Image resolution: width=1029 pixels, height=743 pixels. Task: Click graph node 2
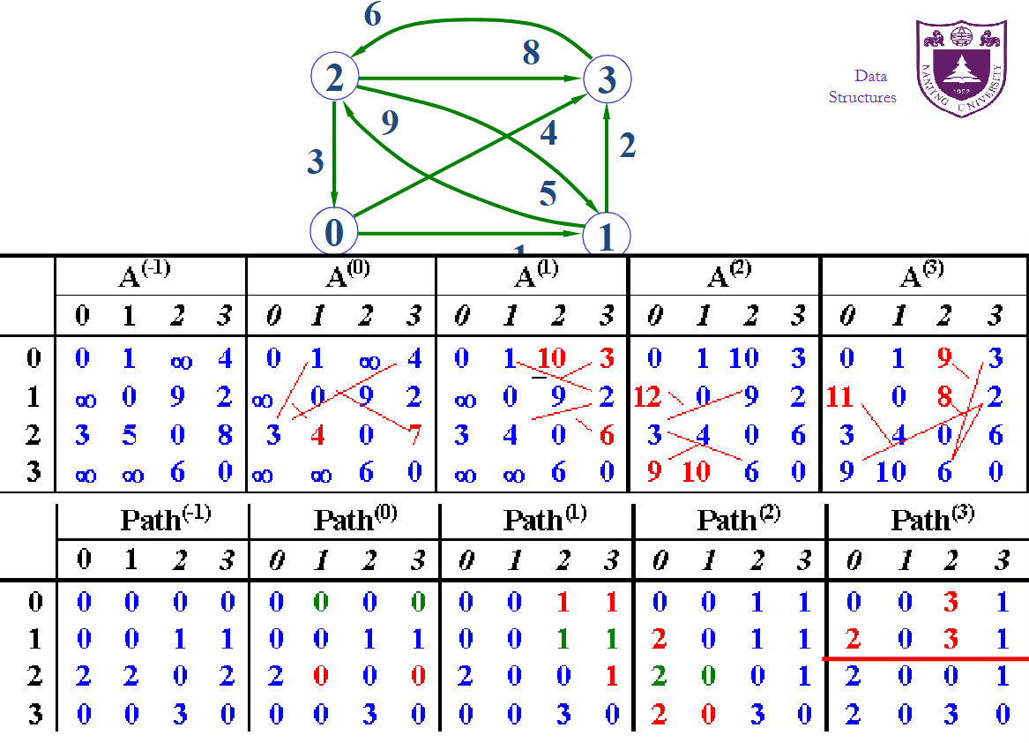333,79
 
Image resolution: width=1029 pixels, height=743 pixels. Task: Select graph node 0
333,232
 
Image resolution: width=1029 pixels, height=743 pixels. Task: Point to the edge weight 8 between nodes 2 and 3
530,54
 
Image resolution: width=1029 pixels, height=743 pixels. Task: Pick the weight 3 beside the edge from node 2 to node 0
315,162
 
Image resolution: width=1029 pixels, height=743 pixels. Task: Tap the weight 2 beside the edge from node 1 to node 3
627,145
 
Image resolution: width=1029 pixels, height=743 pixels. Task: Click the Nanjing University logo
960,68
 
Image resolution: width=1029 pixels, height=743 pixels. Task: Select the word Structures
862,97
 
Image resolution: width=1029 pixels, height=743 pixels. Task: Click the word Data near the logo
870,76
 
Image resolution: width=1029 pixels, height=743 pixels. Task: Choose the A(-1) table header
145,276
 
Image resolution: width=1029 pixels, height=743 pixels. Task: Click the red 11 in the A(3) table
840,397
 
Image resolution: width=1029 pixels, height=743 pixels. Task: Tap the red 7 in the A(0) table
414,435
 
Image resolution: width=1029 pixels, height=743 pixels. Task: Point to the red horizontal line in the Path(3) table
925,658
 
